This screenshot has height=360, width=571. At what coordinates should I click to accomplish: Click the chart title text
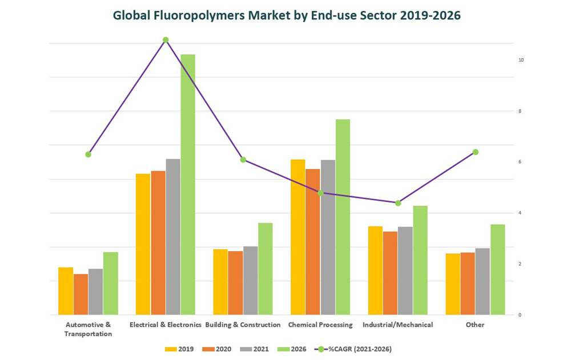click(x=287, y=15)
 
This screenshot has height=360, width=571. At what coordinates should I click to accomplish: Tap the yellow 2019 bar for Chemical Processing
click(x=297, y=237)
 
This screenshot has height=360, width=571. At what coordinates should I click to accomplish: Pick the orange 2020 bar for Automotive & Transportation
click(x=81, y=294)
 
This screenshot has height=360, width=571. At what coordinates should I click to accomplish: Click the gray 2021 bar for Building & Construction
click(x=250, y=280)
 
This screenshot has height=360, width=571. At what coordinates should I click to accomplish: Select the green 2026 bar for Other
click(x=497, y=269)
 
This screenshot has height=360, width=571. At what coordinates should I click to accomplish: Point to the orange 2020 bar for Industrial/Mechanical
click(x=391, y=273)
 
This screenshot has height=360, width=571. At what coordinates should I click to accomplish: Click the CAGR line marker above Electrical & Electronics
click(x=166, y=40)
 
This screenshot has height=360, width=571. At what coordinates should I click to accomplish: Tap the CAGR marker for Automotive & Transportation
click(x=88, y=154)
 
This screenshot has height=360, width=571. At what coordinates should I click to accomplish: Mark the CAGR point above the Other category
click(x=475, y=152)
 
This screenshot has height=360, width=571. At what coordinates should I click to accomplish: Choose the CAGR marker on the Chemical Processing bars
click(x=320, y=193)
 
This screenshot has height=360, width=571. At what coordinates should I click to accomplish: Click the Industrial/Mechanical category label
click(x=397, y=325)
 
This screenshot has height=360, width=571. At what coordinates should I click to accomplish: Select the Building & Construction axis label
click(x=243, y=325)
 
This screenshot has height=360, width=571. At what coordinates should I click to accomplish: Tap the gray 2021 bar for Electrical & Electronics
click(x=173, y=237)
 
